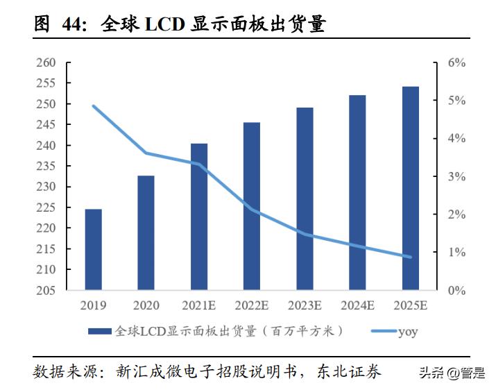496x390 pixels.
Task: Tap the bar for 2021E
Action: coord(199,217)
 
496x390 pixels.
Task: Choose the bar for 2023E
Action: coord(305,198)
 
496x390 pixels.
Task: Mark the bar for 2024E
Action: coord(357,192)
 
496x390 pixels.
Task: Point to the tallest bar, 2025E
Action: coord(411,188)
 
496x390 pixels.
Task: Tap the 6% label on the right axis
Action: coord(456,63)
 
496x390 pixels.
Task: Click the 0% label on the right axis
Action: coord(456,290)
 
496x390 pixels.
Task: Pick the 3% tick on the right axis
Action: coord(456,177)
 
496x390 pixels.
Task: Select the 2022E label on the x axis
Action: coord(252,305)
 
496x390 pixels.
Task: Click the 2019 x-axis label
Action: coord(93,305)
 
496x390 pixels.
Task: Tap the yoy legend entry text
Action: coord(407,331)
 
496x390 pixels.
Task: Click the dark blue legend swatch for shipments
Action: coord(100,331)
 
